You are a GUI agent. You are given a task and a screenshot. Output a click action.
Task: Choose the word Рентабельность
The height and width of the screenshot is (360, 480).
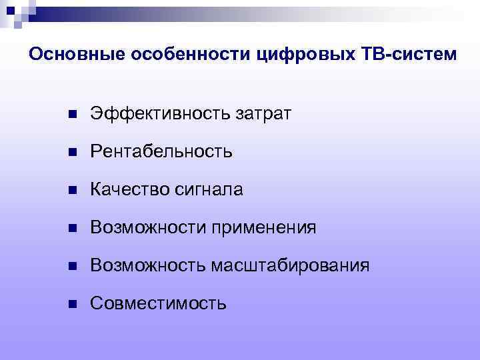(x=161, y=152)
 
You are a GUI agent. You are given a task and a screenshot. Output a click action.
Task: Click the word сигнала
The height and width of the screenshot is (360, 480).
(x=209, y=190)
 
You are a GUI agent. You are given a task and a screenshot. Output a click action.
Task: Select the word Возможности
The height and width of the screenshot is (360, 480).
(x=148, y=228)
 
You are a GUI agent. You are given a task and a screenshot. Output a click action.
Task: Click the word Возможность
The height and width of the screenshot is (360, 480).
(x=148, y=266)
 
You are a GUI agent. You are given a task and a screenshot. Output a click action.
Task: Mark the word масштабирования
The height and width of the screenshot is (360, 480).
(x=290, y=266)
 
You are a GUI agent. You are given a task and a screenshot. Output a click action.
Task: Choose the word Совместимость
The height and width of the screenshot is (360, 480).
(x=158, y=304)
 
